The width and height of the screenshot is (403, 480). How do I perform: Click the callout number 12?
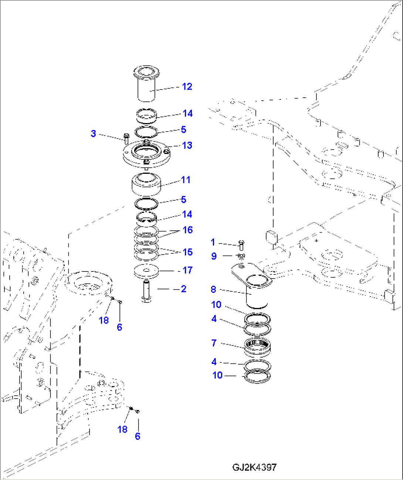(x=187, y=87)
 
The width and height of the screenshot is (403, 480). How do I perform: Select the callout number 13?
(x=187, y=145)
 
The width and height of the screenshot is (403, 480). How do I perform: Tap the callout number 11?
(x=186, y=180)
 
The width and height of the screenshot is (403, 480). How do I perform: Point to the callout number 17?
(x=187, y=270)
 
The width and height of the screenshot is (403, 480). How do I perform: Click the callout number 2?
(x=183, y=289)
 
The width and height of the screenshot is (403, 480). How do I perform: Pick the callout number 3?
(x=93, y=133)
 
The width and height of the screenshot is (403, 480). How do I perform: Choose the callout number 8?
(x=213, y=289)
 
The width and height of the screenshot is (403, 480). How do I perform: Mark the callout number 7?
(x=214, y=343)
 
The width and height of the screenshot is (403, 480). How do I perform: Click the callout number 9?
(x=214, y=256)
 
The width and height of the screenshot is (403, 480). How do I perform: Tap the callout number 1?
(x=213, y=242)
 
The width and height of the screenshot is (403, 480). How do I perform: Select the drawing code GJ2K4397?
(x=254, y=467)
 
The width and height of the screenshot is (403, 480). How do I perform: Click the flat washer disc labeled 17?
(x=146, y=271)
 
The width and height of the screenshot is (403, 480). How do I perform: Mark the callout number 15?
(x=187, y=252)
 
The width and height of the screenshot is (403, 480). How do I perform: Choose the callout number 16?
(x=187, y=230)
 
